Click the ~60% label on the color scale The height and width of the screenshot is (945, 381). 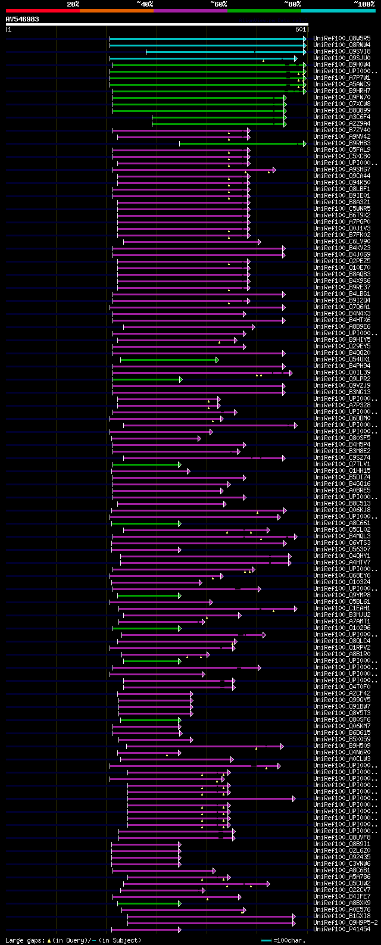pos(218,4)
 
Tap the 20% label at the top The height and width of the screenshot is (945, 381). pos(73,4)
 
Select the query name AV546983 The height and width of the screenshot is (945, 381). pos(23,19)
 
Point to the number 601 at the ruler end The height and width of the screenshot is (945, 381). pos(300,29)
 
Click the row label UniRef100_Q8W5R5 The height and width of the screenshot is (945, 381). pos(342,38)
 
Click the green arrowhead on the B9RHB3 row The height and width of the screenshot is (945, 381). pos(304,144)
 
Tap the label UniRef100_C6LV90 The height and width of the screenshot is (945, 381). pos(342,242)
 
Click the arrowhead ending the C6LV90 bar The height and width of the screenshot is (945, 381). pos(259,242)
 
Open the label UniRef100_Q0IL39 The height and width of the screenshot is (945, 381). pos(342,373)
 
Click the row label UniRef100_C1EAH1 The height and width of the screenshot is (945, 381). pos(342,608)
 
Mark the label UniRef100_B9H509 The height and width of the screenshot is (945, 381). pos(342,746)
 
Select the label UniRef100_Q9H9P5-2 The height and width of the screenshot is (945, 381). pos(345,922)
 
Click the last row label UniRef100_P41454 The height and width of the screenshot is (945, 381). pos(342,929)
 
